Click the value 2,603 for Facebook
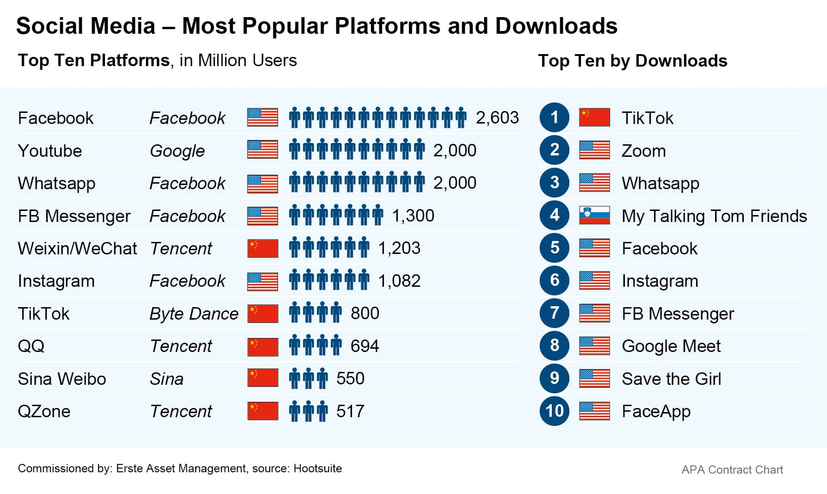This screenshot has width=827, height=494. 497,117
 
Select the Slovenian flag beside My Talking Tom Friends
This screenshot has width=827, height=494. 594,215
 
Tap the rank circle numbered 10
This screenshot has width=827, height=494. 554,411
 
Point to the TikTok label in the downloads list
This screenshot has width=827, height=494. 647,118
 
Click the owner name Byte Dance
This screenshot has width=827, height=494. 194,314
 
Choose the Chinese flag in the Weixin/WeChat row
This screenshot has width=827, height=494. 263,248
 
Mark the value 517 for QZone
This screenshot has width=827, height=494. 350,411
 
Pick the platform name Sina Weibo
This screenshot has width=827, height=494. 62,379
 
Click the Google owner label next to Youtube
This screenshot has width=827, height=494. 177,151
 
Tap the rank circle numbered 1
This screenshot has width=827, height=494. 554,117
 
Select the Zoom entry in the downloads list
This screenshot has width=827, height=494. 643,151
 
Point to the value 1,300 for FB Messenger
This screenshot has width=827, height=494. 413,216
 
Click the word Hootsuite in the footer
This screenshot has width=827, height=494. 318,469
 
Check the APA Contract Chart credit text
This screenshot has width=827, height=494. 732,470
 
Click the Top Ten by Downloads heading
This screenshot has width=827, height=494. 632,61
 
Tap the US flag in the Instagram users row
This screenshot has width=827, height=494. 263,281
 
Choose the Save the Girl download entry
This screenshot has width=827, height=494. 671,379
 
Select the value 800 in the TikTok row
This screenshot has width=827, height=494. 364,314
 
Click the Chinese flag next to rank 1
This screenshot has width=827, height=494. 594,117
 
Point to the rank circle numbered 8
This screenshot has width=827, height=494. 554,346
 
